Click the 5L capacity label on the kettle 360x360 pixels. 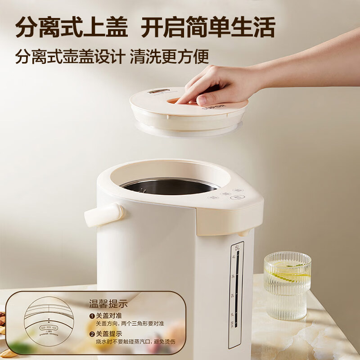237,248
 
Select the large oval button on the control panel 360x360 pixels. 237,197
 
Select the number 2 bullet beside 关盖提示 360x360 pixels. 92,333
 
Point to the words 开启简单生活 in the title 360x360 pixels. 207,27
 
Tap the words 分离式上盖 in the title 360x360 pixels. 72,27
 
